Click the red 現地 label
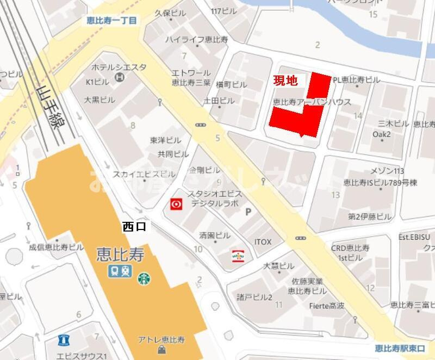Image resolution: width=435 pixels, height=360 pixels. point(285,81)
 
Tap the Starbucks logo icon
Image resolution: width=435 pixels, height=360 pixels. point(144,279)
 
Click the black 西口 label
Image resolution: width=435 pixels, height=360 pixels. point(134,228)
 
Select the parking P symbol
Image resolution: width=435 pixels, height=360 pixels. point(249,212)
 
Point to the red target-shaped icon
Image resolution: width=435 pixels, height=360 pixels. point(176,204)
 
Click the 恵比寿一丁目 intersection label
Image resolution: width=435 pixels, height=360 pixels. point(112,21)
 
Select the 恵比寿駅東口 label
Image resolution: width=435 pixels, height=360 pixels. point(401,348)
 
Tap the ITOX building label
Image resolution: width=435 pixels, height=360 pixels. point(263,241)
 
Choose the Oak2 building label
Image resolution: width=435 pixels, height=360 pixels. point(382,134)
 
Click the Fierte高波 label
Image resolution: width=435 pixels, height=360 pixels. point(326,306)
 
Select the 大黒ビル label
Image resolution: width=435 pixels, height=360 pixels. point(100,100)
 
